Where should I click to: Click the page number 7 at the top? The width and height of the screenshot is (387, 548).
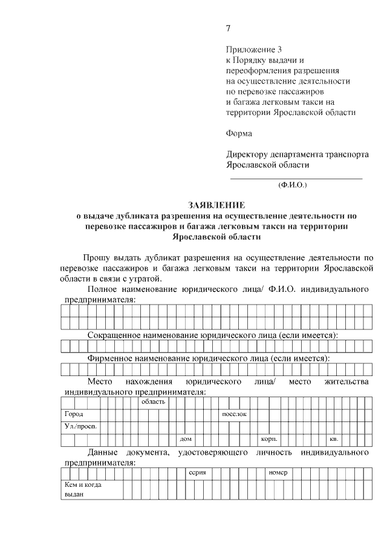pyautogui.click(x=228, y=28)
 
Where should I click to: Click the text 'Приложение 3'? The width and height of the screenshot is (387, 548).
pyautogui.click(x=254, y=49)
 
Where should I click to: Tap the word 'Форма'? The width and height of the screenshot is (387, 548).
pyautogui.click(x=239, y=133)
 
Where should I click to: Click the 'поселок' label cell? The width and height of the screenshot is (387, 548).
pyautogui.click(x=234, y=414)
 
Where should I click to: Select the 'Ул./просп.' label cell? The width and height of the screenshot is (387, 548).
pyautogui.click(x=78, y=426)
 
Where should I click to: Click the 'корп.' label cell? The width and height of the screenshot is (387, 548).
pyautogui.click(x=268, y=439)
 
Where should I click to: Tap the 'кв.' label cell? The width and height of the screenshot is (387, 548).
pyautogui.click(x=333, y=439)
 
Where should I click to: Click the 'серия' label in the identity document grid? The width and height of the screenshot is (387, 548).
pyautogui.click(x=198, y=472)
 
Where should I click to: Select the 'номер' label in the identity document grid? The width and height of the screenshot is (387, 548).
pyautogui.click(x=277, y=472)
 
